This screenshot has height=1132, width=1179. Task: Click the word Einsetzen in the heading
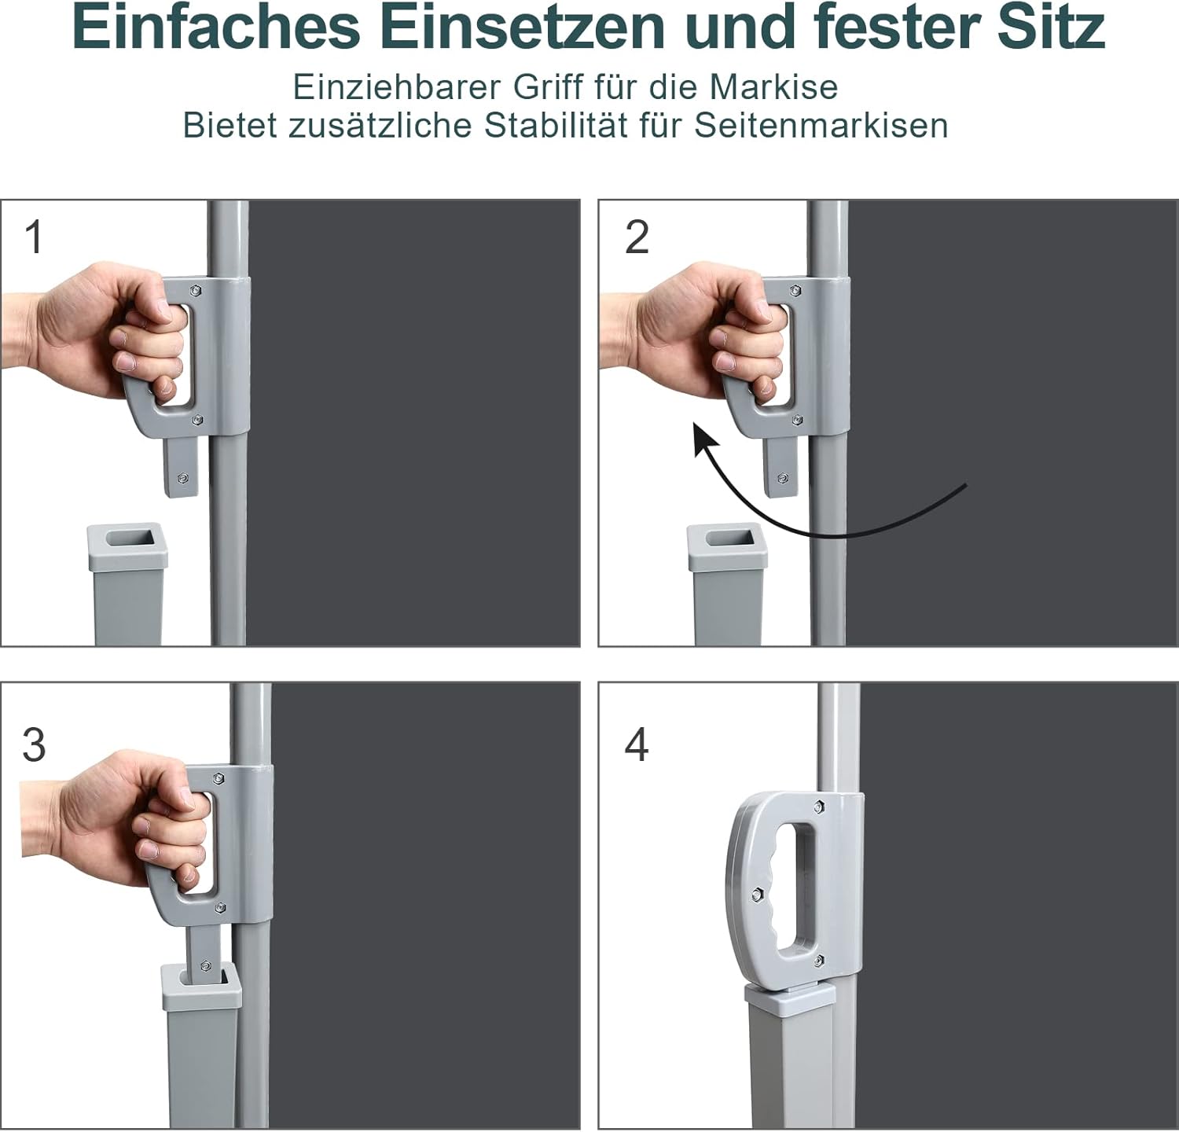[x=523, y=28]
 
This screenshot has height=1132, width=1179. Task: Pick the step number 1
[x=34, y=237]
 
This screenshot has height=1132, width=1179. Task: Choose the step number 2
[x=637, y=237]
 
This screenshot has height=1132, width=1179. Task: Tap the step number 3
[x=35, y=744]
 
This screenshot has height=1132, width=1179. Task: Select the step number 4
[x=637, y=744]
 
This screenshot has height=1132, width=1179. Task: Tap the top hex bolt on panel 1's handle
[x=194, y=290]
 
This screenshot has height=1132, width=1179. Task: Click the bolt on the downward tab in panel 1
[x=182, y=477]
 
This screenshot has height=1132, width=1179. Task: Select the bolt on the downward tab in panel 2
[x=782, y=477]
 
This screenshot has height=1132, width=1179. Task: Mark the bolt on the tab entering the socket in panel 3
[x=205, y=966]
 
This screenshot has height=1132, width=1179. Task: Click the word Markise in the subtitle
[x=774, y=87]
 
